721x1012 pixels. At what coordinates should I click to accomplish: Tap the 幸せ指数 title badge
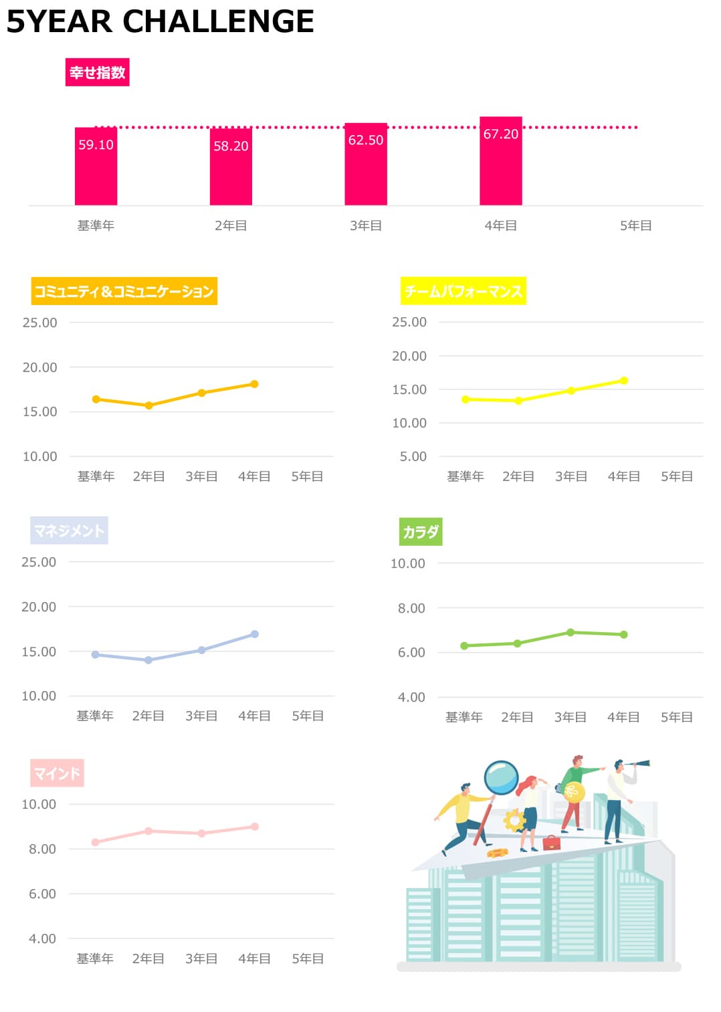point(97,72)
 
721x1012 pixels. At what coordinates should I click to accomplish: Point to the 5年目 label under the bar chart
point(635,225)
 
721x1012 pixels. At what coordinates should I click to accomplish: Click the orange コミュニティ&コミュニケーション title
point(124,291)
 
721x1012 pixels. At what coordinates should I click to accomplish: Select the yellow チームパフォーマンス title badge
point(463,291)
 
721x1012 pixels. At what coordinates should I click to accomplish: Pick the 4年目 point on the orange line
point(254,384)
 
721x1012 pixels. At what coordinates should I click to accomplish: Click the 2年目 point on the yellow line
point(518,401)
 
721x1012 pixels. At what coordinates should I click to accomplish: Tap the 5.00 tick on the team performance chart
point(413,456)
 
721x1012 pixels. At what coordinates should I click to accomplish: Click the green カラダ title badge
point(421,532)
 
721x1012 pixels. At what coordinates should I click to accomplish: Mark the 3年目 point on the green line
point(571,632)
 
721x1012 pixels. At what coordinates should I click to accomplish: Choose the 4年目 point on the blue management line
point(254,634)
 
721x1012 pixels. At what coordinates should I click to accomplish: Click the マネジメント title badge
point(69,530)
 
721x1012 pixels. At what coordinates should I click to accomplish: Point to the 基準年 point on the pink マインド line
point(95,842)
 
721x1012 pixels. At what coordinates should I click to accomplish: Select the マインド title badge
point(57,773)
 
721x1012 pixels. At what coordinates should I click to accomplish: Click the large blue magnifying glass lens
point(501,777)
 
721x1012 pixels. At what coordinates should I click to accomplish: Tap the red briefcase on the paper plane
point(552,842)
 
